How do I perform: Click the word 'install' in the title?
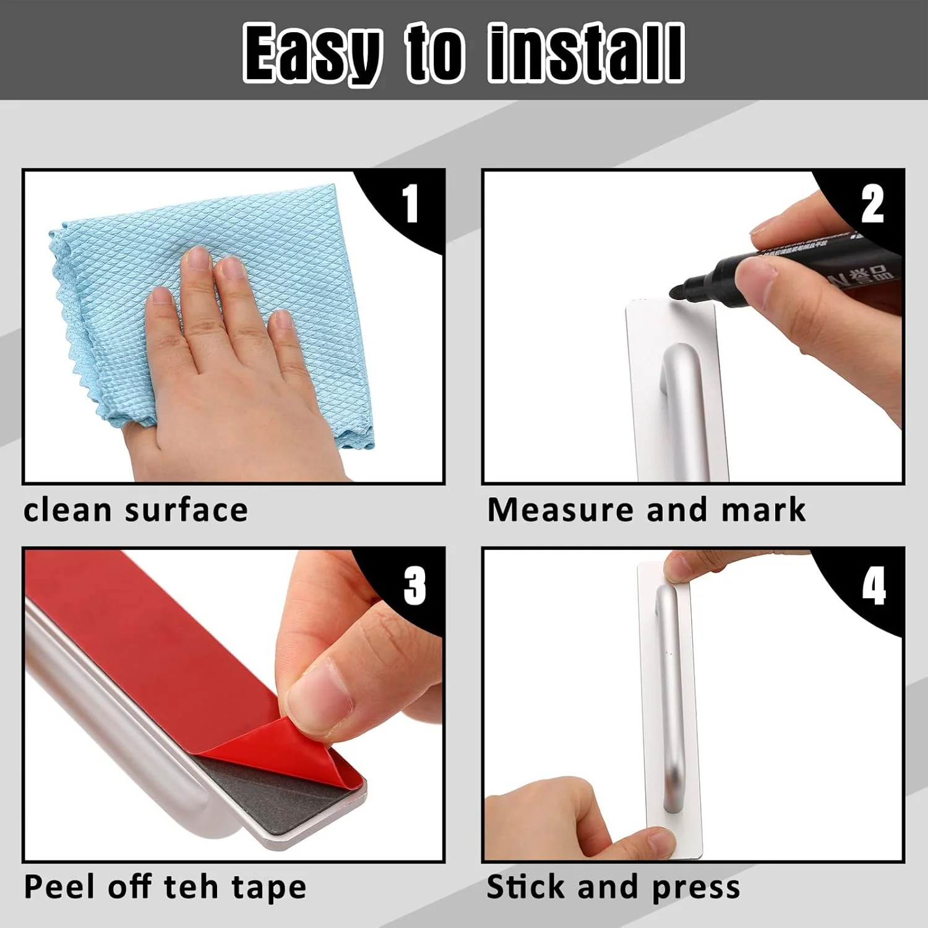click(x=585, y=53)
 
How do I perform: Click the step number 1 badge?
click(x=411, y=204)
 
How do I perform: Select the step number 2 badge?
click(x=872, y=204)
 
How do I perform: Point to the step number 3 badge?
click(x=414, y=585)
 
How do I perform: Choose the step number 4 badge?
click(x=874, y=585)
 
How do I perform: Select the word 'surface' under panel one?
click(x=186, y=510)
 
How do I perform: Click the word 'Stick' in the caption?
click(x=526, y=887)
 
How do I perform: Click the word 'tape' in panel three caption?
click(x=269, y=888)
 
